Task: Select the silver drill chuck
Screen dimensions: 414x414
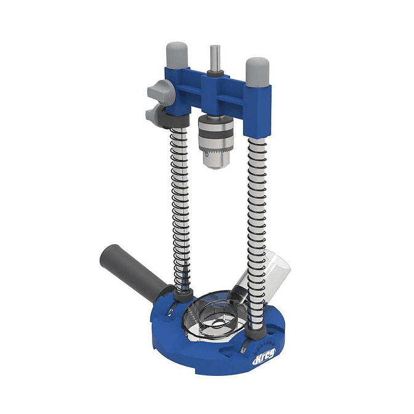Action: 214,138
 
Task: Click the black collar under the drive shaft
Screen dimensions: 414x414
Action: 213,74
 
